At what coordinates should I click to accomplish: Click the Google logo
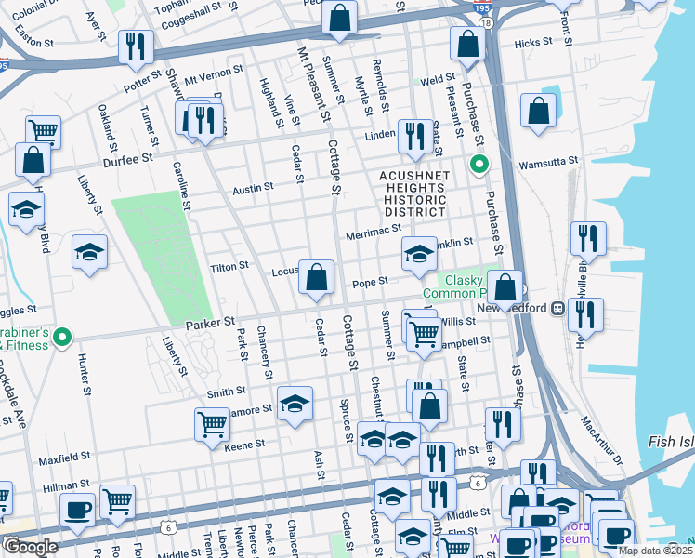(30, 547)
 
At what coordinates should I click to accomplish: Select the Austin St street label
(253, 187)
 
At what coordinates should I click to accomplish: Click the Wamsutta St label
(548, 160)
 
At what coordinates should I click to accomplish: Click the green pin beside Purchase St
(479, 166)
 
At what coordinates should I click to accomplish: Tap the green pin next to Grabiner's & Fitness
(62, 336)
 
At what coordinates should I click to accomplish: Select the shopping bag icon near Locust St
(317, 277)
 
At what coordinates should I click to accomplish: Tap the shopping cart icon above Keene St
(213, 423)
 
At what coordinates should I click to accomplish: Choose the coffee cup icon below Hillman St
(77, 509)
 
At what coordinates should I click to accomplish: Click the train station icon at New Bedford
(557, 308)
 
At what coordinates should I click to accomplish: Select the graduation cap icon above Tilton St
(90, 251)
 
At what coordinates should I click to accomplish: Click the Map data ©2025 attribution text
(654, 551)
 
